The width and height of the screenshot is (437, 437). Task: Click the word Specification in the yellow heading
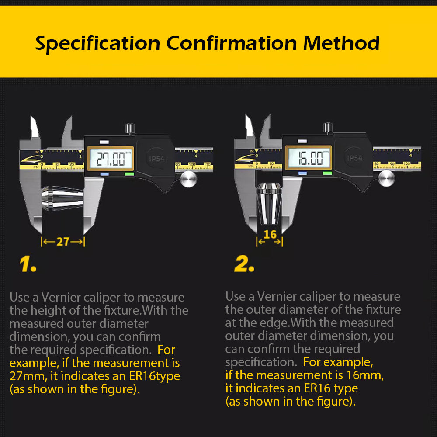point(98,44)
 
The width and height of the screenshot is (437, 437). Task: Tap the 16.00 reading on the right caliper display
point(308,158)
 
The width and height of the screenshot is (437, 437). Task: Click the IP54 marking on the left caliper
point(156,159)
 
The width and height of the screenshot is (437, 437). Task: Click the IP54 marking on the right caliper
point(354,158)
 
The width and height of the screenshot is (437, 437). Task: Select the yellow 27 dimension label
point(63,242)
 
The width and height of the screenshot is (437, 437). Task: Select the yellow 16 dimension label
point(270,235)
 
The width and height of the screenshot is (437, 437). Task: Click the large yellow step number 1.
point(28,265)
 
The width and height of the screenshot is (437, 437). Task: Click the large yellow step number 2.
point(244,265)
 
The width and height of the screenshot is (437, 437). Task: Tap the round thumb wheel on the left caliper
point(188,180)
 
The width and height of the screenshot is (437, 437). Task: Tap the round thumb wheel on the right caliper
point(386,179)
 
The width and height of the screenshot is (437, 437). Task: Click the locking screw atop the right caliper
point(328,128)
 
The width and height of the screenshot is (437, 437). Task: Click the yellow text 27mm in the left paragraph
point(23,376)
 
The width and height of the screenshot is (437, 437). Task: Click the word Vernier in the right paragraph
point(276,296)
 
